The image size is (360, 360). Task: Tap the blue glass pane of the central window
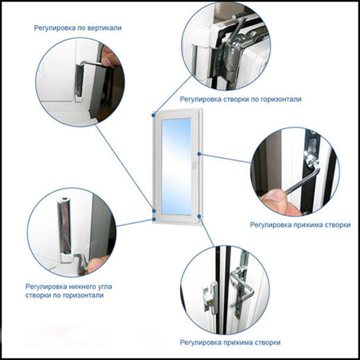click(x=176, y=166)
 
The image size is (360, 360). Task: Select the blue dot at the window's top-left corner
click(x=153, y=115)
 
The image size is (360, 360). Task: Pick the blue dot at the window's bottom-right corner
click(x=199, y=216)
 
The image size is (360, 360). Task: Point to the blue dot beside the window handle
click(x=199, y=154)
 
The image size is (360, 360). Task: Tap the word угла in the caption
click(x=104, y=287)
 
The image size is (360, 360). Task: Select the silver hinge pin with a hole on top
click(x=64, y=225)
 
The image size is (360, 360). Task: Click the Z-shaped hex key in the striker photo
click(x=243, y=286)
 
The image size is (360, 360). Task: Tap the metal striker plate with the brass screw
click(x=210, y=297)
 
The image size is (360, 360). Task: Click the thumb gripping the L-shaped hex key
click(x=275, y=198)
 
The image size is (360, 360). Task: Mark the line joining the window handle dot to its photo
click(x=225, y=158)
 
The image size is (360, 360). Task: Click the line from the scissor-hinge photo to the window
click(x=173, y=95)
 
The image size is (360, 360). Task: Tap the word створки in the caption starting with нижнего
click(x=37, y=295)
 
